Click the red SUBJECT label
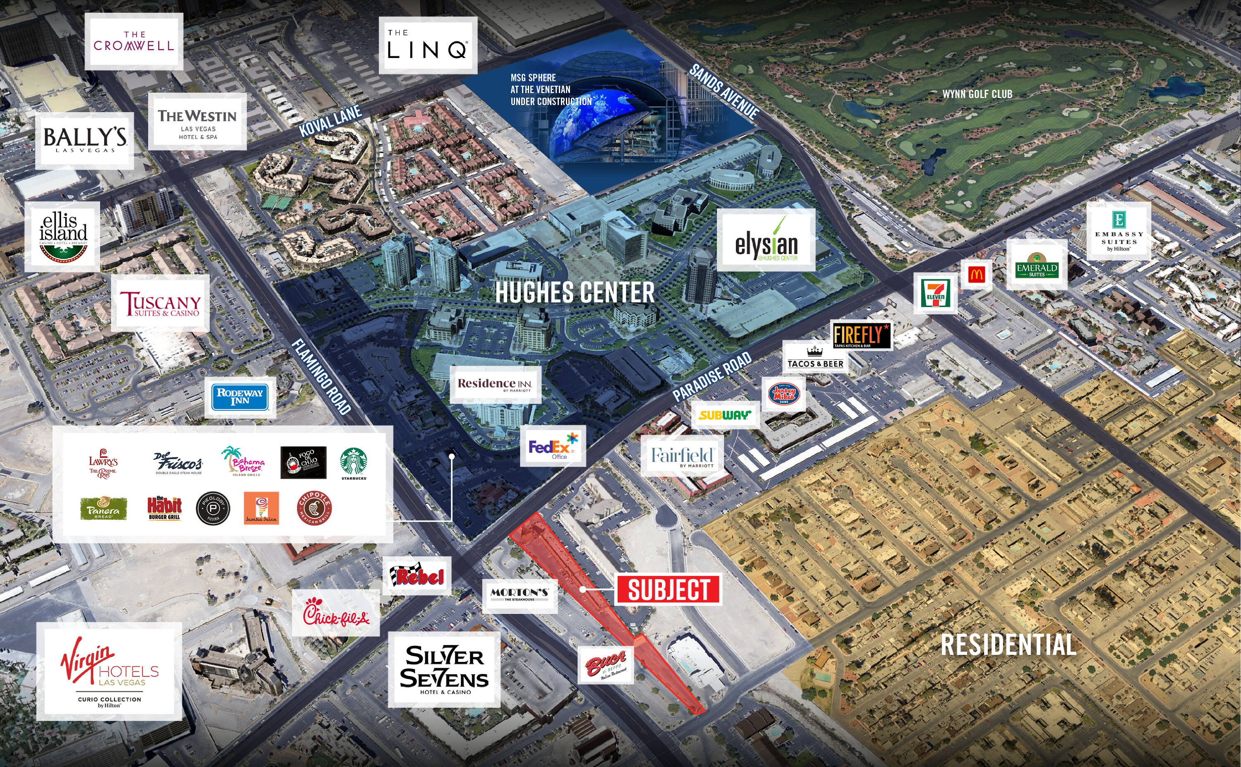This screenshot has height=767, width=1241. (668, 590)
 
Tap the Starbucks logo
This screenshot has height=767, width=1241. (354, 463)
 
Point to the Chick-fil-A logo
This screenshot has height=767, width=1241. (336, 613)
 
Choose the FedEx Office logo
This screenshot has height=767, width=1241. (553, 446)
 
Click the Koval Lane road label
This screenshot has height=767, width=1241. (330, 121)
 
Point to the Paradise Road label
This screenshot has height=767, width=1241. (712, 377)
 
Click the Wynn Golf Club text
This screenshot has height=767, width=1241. (977, 94)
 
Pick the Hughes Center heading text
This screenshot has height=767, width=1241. (575, 293)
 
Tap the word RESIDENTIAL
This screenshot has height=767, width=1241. (1008, 644)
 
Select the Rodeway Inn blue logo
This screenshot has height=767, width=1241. (240, 397)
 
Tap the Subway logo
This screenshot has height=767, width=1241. (725, 415)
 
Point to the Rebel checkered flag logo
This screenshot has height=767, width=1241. (417, 575)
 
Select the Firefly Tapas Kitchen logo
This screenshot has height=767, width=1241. (862, 336)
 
